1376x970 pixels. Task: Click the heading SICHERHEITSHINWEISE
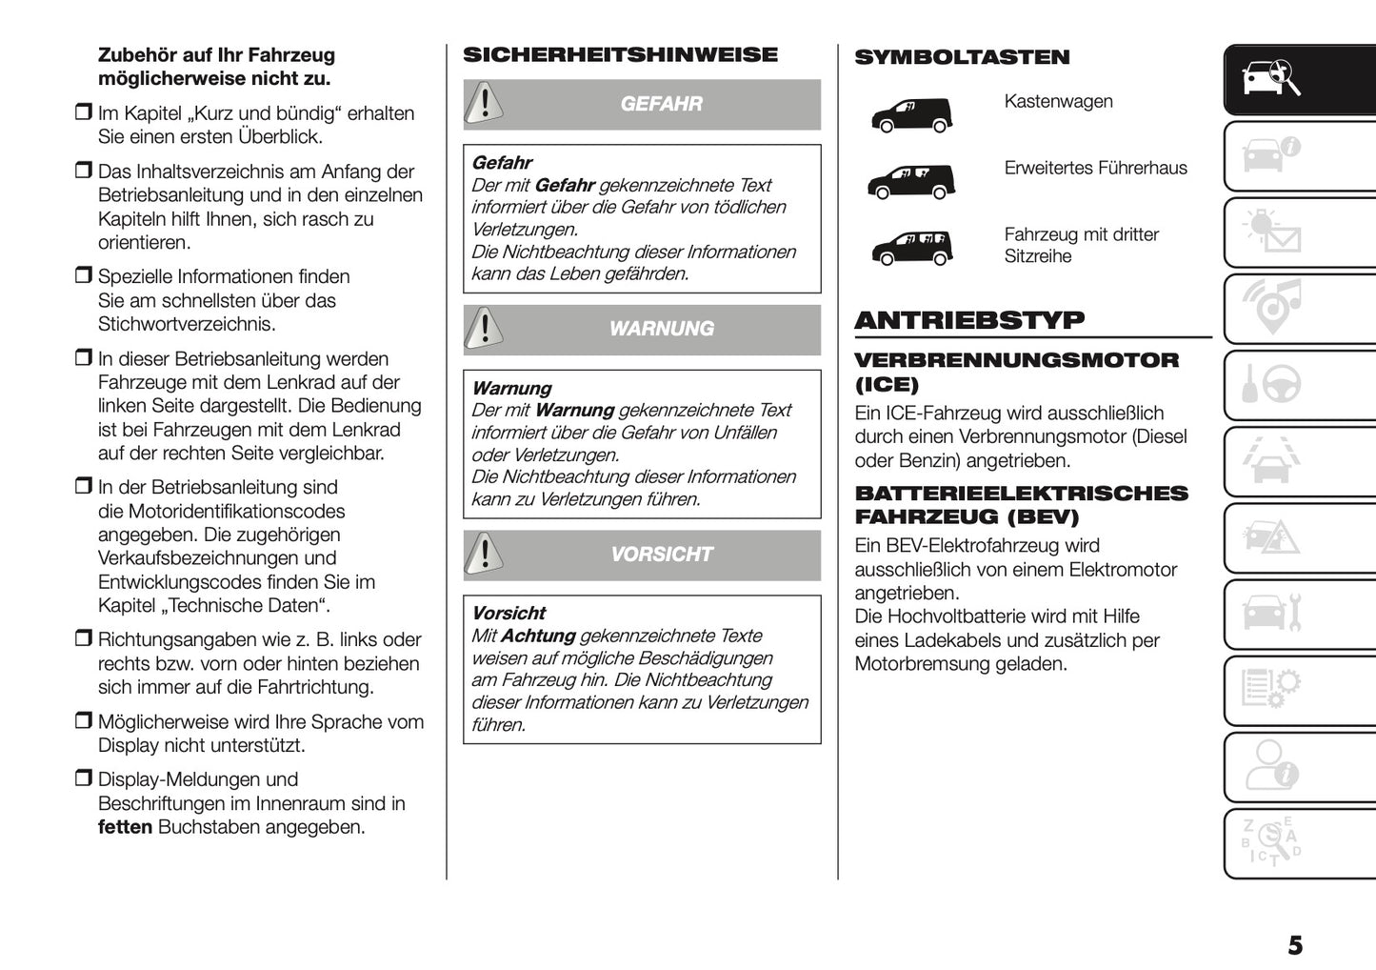point(620,55)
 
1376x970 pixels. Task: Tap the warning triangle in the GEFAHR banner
point(485,102)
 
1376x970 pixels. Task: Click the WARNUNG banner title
point(661,329)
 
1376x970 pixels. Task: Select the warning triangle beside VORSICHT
point(485,554)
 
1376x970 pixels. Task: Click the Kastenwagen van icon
point(911,115)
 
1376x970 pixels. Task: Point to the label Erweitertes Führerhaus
point(1095,168)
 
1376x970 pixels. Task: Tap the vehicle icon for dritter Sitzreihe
point(911,248)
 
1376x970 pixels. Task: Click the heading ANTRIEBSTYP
point(969,320)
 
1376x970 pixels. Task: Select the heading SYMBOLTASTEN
point(962,57)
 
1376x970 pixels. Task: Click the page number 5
point(1294,945)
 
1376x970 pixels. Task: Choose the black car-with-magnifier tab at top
point(1272,80)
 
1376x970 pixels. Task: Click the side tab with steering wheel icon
point(1272,385)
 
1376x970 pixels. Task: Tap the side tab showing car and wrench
point(1272,614)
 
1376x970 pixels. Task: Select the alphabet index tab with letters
point(1272,842)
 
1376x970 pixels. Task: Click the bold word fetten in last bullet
point(125,827)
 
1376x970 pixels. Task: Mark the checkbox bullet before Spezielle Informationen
point(83,276)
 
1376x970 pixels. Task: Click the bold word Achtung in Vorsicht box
point(538,636)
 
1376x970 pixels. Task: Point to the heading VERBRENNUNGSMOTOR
point(1016,360)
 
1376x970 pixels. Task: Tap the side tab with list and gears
point(1272,690)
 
